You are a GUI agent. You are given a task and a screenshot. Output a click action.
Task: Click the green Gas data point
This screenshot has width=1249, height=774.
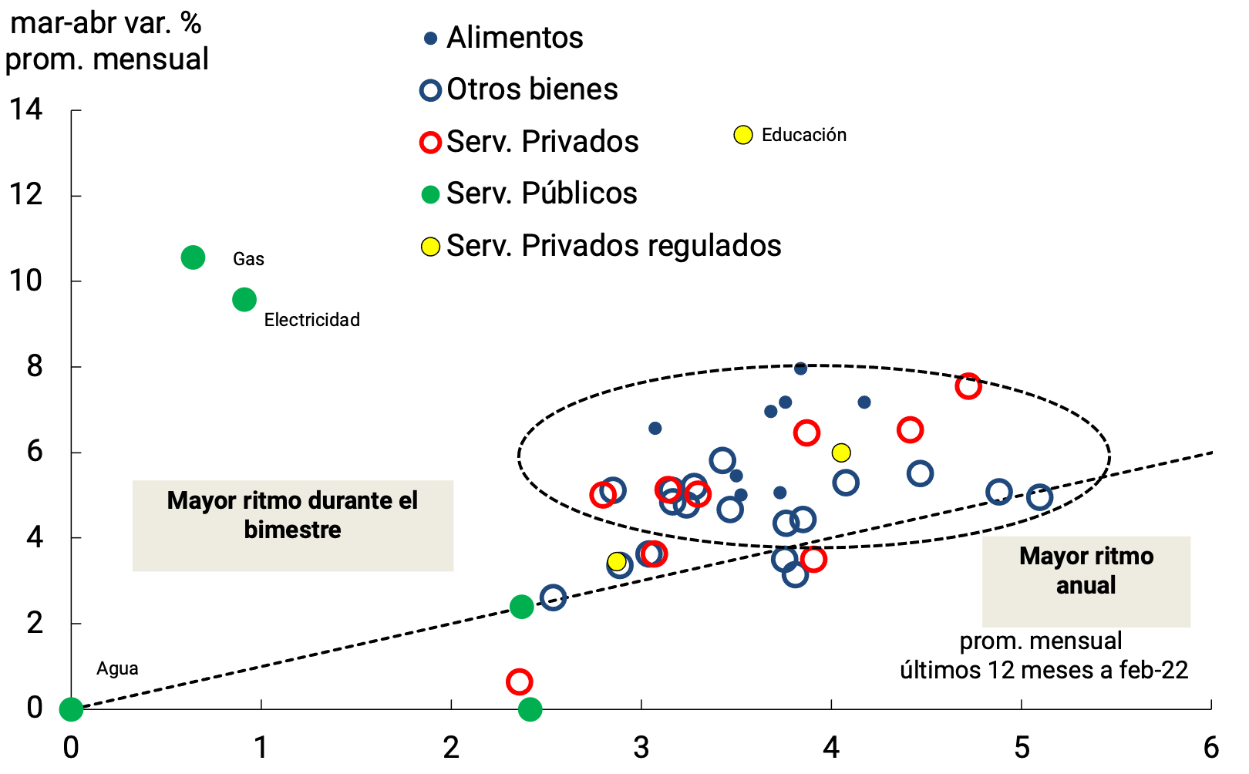193,257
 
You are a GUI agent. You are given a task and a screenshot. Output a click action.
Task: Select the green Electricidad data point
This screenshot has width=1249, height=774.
244,300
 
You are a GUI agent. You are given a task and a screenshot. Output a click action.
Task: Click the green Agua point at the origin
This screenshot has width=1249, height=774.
71,708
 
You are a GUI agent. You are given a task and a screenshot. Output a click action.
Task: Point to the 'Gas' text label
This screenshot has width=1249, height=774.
248,259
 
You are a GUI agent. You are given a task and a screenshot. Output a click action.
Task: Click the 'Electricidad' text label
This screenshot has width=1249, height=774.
311,320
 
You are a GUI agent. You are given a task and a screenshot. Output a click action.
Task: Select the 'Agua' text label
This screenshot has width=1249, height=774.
117,668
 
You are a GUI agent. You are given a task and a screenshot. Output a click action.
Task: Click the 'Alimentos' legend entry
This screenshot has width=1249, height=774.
514,38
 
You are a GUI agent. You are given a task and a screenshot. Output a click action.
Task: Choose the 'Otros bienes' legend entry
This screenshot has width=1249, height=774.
532,89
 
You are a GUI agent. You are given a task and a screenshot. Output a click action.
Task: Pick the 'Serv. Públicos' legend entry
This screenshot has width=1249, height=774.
541,193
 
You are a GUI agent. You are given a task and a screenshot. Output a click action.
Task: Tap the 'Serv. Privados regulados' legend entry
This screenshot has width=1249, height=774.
613,246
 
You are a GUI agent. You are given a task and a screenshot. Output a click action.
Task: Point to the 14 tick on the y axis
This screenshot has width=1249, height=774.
26,109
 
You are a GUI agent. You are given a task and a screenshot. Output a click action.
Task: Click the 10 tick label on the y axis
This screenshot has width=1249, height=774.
26,281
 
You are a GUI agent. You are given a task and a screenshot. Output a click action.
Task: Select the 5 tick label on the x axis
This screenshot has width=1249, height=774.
1022,747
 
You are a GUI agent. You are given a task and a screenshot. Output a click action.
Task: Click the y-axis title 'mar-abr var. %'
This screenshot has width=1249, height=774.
106,23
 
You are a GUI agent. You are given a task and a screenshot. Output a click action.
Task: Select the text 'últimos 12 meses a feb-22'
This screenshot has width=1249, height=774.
1044,670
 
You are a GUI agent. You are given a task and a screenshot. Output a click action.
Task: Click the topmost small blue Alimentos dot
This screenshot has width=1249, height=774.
800,368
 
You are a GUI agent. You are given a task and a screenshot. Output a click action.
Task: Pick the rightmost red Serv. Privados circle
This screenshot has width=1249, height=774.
968,386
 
